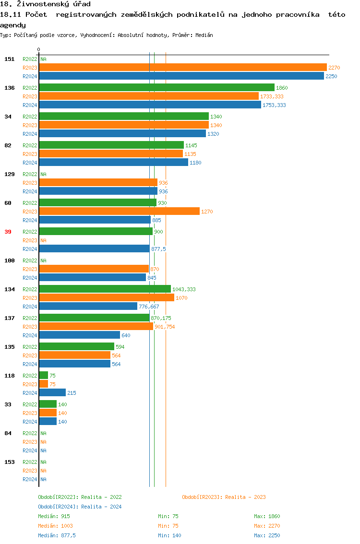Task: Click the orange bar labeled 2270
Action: [x=182, y=68]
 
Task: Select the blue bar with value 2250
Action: [x=181, y=76]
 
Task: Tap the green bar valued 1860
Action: [x=156, y=88]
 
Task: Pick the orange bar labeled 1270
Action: [x=119, y=212]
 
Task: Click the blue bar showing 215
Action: [x=52, y=393]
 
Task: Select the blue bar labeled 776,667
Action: [x=88, y=307]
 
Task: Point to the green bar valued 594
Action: [x=76, y=347]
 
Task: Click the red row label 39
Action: [x=8, y=232]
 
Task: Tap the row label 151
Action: [x=10, y=59]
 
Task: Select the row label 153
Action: [x=10, y=462]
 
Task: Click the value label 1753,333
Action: [x=274, y=105]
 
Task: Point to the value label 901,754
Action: [x=165, y=327]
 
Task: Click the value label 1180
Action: [x=195, y=163]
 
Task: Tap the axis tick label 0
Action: [x=39, y=49]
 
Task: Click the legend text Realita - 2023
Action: [x=245, y=497]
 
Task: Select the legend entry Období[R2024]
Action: [x=59, y=507]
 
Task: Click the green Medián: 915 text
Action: [x=54, y=516]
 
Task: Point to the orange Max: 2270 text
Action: [x=267, y=526]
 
